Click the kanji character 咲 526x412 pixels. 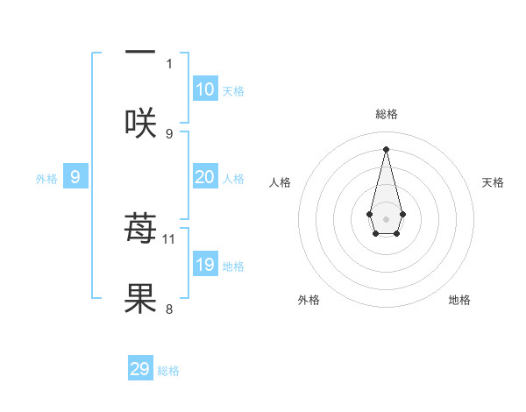[140, 122]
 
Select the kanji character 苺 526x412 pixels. [140, 229]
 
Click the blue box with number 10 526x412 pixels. [205, 89]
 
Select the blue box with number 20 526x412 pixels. [205, 177]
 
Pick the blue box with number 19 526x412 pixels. [205, 265]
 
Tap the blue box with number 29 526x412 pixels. [140, 369]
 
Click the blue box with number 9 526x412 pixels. [75, 177]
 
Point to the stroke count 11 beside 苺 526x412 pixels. [169, 238]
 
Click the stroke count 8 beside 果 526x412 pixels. [169, 309]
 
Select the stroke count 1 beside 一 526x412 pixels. [169, 63]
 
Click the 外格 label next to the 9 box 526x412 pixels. [46, 179]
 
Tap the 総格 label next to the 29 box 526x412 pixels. [168, 371]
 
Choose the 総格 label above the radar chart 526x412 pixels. [387, 114]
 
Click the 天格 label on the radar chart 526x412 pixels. [494, 182]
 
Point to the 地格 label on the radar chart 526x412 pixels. [459, 300]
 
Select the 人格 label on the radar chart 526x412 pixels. [280, 182]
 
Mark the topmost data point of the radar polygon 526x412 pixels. [386, 148]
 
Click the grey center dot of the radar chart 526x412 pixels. [386, 218]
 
